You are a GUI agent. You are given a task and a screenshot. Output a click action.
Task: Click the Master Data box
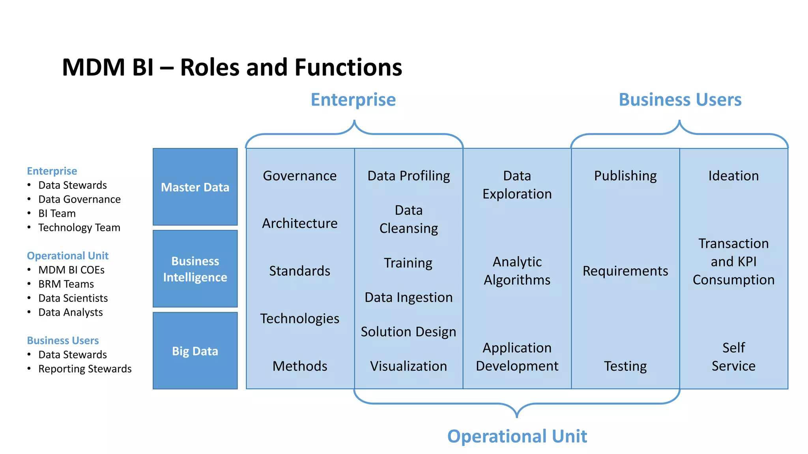[195, 187]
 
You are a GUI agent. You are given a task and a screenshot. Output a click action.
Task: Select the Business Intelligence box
[195, 269]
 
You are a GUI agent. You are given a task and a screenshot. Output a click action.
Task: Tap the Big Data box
[195, 351]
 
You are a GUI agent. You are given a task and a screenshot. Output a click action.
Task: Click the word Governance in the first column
[300, 176]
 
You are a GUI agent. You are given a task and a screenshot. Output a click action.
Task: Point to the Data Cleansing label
[408, 219]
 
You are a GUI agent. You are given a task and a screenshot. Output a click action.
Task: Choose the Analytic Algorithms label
[517, 271]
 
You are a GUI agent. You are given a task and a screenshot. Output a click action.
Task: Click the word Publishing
[625, 176]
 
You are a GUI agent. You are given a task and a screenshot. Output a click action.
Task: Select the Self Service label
[733, 357]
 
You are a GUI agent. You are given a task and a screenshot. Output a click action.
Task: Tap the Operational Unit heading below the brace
[517, 436]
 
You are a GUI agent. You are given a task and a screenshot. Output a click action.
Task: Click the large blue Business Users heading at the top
[680, 100]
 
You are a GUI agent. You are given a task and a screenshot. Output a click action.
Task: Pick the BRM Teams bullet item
[66, 284]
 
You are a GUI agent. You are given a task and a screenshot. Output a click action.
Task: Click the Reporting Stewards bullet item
[85, 369]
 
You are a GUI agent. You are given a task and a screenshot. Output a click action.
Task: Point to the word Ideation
[733, 176]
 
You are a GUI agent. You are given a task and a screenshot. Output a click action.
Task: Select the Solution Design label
[408, 332]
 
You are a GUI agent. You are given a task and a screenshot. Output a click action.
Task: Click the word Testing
[625, 366]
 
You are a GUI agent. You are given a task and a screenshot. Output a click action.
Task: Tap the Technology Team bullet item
[79, 228]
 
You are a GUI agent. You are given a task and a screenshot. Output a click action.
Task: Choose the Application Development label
[517, 357]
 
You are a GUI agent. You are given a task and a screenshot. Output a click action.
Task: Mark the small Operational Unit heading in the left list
[67, 256]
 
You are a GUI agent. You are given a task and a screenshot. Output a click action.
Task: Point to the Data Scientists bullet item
[73, 298]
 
